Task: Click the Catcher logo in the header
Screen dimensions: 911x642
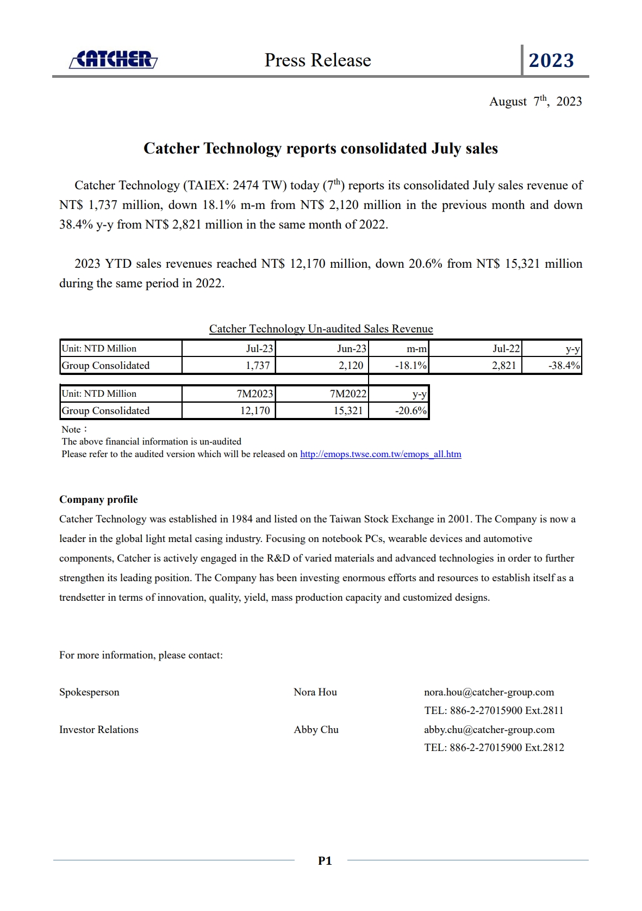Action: click(113, 59)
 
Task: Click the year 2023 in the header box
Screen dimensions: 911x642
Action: click(551, 60)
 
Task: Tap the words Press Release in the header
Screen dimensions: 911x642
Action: click(317, 60)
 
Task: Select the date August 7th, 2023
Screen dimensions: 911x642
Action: click(535, 102)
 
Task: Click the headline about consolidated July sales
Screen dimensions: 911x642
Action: click(320, 149)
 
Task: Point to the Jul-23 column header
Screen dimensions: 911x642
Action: click(259, 348)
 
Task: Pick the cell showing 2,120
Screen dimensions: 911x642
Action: click(351, 365)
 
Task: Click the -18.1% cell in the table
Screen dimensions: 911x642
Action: click(410, 365)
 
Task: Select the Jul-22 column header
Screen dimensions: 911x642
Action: click(506, 348)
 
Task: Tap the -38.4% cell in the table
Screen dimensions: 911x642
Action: click(564, 365)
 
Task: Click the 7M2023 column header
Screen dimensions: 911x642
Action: click(254, 393)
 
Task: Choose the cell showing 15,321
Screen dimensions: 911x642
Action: click(348, 410)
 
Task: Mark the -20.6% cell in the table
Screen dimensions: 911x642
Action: click(410, 410)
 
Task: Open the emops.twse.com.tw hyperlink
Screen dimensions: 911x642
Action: click(381, 454)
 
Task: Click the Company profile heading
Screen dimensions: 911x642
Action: click(98, 500)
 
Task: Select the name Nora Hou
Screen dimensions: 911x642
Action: click(315, 692)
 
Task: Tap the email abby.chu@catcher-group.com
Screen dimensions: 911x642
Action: click(489, 730)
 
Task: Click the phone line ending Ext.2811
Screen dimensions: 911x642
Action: click(494, 711)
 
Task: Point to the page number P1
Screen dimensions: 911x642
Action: click(325, 860)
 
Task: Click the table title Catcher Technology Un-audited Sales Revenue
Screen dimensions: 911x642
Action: click(321, 329)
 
